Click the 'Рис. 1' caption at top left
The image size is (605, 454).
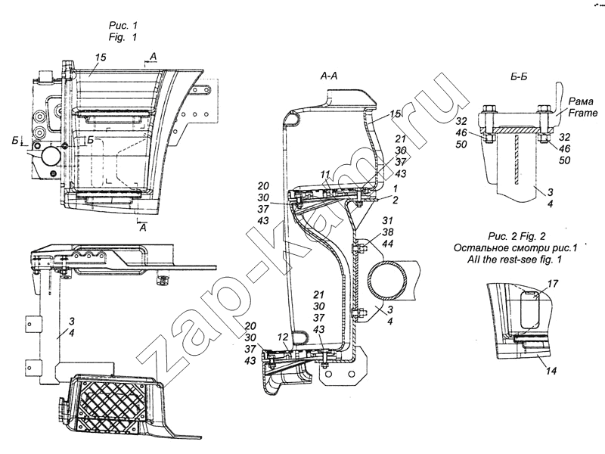[123, 26]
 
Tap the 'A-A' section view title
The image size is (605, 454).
[329, 76]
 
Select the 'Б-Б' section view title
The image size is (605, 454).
[519, 76]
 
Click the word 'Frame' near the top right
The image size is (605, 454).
[582, 113]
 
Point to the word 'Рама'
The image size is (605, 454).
[581, 101]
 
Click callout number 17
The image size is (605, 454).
[553, 284]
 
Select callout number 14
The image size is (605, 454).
[551, 371]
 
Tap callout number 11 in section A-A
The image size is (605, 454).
[325, 175]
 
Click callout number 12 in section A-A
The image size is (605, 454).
[284, 337]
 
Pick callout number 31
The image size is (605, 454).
[388, 220]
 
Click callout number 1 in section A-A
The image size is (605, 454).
[395, 188]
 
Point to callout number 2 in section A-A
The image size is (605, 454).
[395, 200]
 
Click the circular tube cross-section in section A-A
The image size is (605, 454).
[387, 280]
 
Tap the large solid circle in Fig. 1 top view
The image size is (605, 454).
[51, 156]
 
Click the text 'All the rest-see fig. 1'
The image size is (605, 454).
[514, 259]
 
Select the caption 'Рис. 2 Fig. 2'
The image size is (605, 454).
[517, 236]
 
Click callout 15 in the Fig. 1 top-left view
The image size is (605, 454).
[101, 58]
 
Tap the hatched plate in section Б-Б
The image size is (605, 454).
[516, 131]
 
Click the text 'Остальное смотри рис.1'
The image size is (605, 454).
[515, 247]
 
